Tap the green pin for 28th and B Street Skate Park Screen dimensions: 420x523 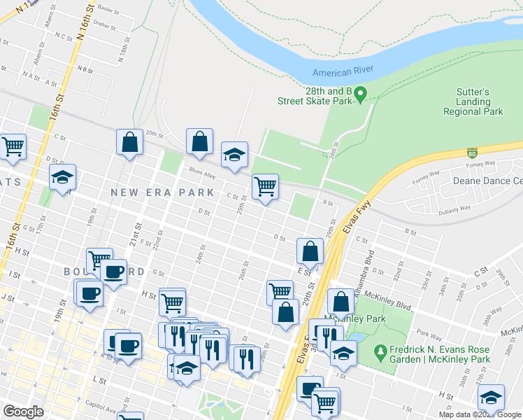pyautogui.click(x=361, y=94)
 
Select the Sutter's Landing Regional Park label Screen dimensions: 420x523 pyautogui.click(x=473, y=101)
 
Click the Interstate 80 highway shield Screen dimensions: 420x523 pyautogui.click(x=473, y=152)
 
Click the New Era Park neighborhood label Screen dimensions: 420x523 pyautogui.click(x=162, y=192)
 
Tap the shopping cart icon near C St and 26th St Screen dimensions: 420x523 pyautogui.click(x=265, y=186)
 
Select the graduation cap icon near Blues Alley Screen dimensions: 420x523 pyautogui.click(x=234, y=155)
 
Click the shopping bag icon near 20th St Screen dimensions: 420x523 pyautogui.click(x=129, y=142)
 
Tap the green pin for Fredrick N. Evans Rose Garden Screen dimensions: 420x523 pyautogui.click(x=380, y=351)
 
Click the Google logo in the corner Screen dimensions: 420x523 pyautogui.click(x=23, y=412)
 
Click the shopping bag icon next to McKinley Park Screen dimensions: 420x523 pyautogui.click(x=341, y=302)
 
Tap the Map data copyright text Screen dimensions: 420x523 pyautogui.click(x=479, y=414)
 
